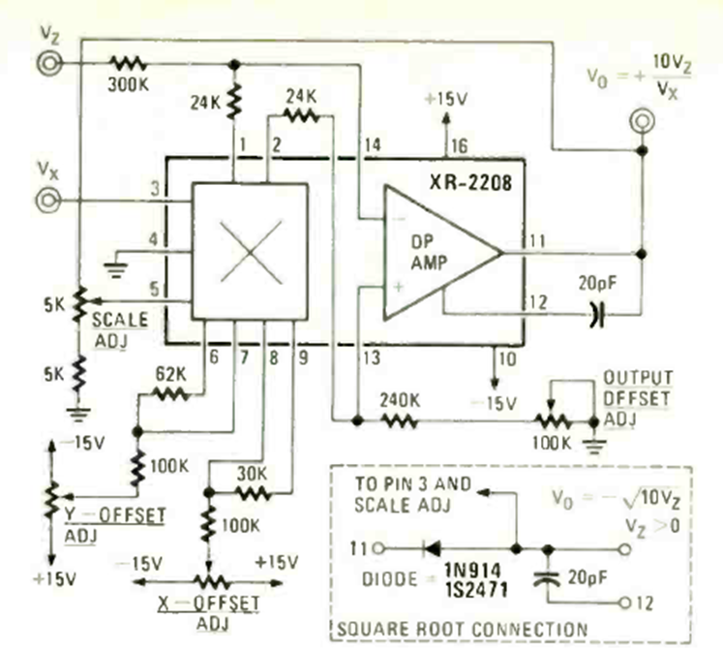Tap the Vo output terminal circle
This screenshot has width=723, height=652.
[x=640, y=122]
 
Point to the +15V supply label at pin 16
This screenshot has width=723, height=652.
[x=444, y=100]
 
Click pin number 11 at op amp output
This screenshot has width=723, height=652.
[x=538, y=239]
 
